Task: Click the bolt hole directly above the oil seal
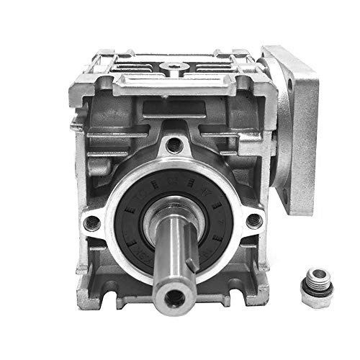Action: tap(171, 146)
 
